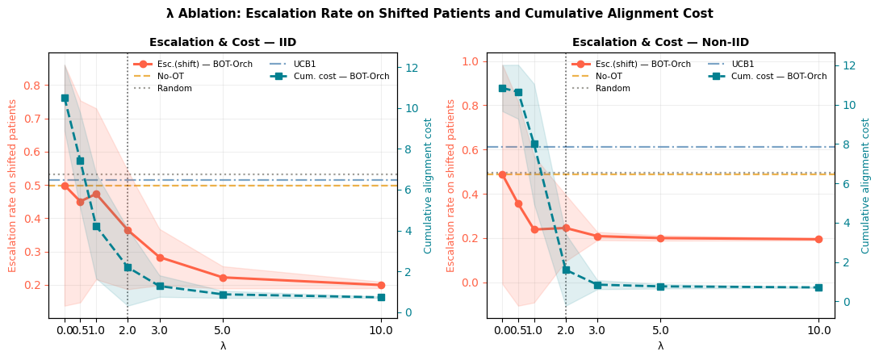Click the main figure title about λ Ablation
coord(439,12)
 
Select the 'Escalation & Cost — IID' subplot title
coord(223,42)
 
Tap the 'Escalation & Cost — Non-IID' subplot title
coord(660,42)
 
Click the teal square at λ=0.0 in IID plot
coord(65,98)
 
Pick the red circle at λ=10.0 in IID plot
coord(382,285)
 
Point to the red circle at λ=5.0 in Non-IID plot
coord(660,238)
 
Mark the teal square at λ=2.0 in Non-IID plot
coord(566,270)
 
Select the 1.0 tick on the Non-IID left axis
coord(471,61)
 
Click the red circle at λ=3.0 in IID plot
coord(160,258)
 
